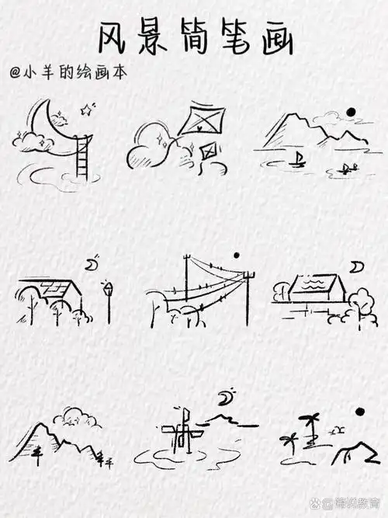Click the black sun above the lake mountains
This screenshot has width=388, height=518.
[x=351, y=113]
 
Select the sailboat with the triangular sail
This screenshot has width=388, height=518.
[x=297, y=160]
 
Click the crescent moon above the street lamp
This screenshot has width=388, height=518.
[x=92, y=265]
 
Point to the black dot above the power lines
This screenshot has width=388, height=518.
[x=237, y=256]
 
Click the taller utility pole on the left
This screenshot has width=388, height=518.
[x=187, y=287]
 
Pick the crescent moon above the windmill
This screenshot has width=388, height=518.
[x=226, y=398]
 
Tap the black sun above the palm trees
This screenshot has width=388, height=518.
[x=359, y=412]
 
